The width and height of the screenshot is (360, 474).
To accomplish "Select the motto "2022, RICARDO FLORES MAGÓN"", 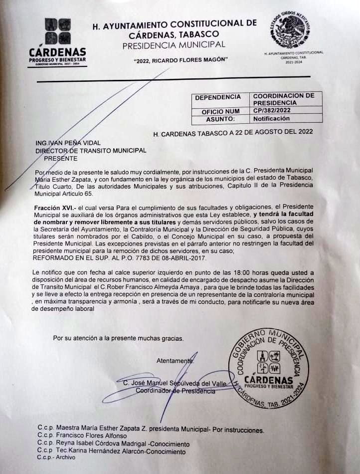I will tap(181, 60).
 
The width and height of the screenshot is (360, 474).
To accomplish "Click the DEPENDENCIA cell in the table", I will tap(218, 97).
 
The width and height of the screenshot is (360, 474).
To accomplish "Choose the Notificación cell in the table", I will tap(271, 119).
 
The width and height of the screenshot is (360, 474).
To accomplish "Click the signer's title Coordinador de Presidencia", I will tap(176, 391).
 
